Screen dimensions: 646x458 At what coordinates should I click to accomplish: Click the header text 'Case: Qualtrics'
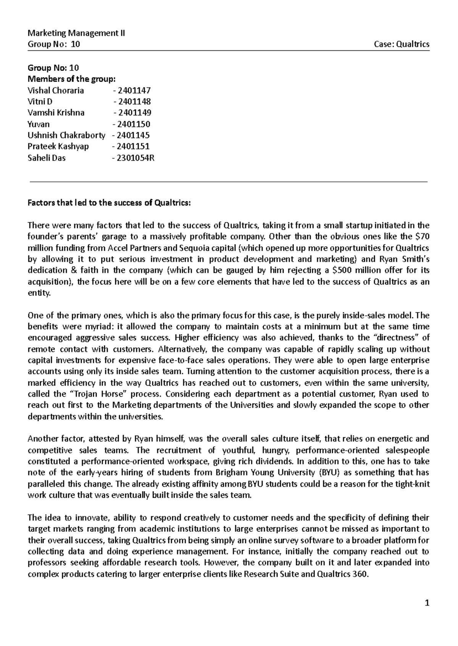(x=402, y=44)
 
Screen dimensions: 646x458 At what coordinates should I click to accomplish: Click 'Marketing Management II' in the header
(x=76, y=33)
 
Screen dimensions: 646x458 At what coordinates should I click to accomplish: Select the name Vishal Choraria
(x=56, y=90)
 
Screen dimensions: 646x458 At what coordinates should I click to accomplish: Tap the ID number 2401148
(x=134, y=101)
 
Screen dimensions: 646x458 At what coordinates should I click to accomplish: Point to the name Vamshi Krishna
(x=56, y=112)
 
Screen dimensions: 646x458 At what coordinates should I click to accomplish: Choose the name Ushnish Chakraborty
(x=66, y=135)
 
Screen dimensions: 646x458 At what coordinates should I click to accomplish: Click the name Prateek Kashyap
(x=58, y=146)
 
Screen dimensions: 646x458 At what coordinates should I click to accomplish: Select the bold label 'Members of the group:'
(x=71, y=79)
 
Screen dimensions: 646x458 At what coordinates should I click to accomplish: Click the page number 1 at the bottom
(x=427, y=603)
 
